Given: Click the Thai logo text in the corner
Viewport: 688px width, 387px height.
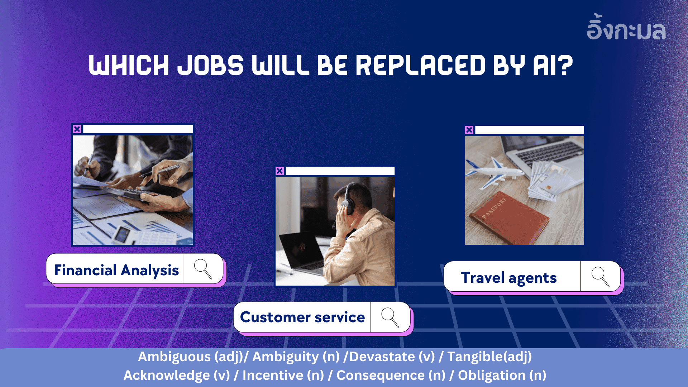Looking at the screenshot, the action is tap(626, 27).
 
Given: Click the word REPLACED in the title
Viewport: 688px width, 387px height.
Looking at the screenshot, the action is tap(420, 66).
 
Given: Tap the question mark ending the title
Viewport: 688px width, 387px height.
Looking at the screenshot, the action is tap(565, 66).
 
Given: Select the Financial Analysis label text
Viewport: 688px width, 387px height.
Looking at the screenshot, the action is tap(116, 270).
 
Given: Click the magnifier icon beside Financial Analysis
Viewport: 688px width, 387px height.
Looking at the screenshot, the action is tap(203, 269).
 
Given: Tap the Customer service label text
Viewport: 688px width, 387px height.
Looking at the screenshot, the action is tap(302, 317).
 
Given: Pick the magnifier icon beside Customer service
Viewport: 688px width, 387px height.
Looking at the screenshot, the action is tap(390, 317).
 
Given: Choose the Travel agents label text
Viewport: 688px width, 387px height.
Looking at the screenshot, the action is tap(509, 278).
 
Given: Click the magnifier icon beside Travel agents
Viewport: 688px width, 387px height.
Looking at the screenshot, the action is tap(600, 277).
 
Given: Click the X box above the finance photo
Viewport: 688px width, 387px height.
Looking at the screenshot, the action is tap(77, 129).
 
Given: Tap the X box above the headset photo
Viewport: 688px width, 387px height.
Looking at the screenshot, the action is tap(280, 171).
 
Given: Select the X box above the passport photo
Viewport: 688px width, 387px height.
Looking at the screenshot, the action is tap(469, 130).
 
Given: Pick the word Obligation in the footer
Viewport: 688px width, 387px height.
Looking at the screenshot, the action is tap(492, 376).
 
